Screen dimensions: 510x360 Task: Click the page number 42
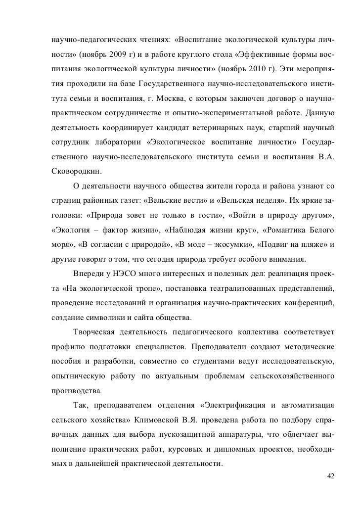click(x=330, y=476)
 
